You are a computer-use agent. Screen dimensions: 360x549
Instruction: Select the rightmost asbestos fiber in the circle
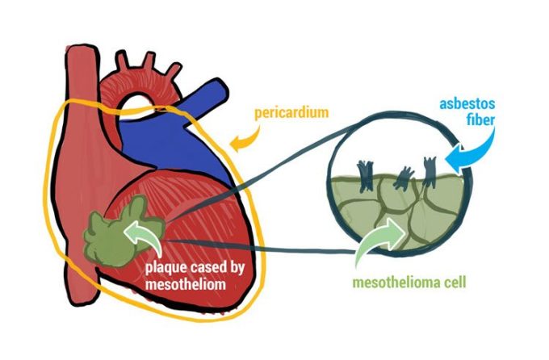[428, 170]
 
